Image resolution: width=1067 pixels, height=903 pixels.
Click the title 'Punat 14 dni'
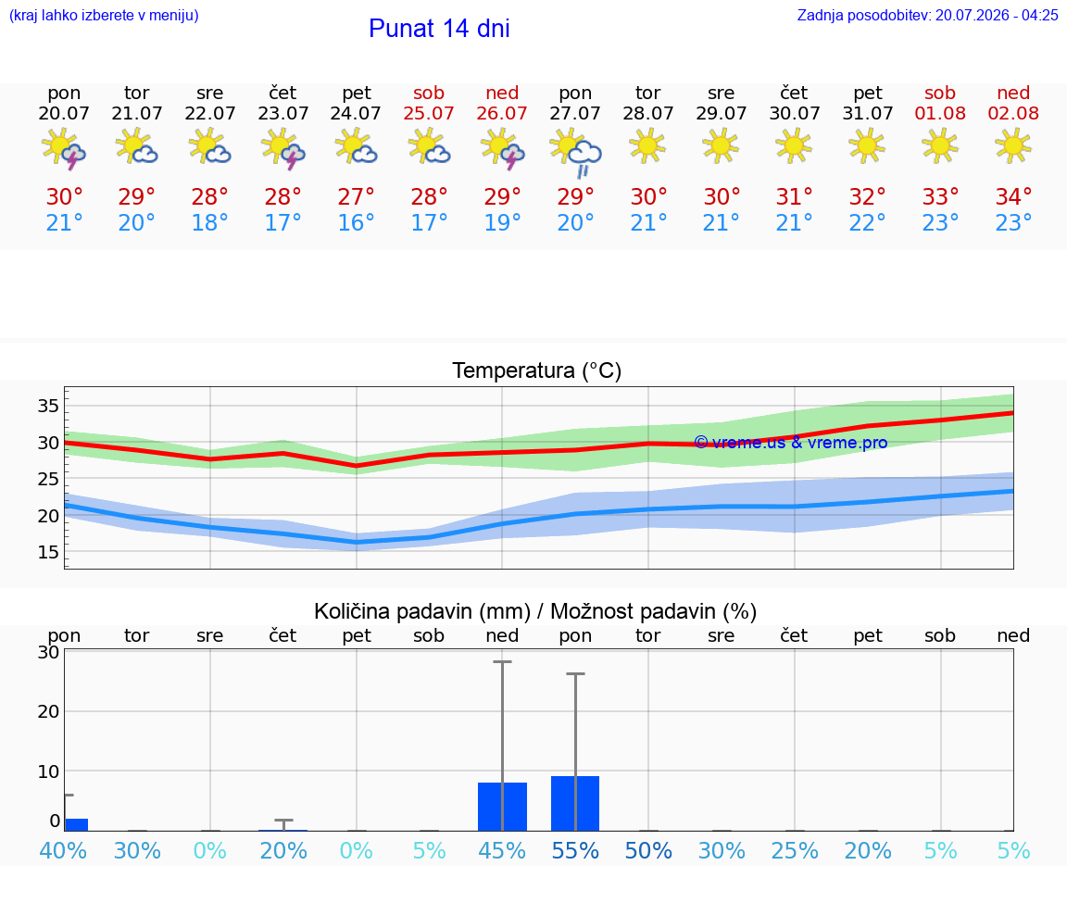[439, 29]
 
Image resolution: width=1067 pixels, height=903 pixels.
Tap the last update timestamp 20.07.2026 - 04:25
[997, 15]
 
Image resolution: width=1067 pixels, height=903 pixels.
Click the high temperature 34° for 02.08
[1013, 196]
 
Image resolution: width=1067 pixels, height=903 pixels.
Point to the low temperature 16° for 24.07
[356, 222]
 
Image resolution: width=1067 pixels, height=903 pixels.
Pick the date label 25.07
[429, 113]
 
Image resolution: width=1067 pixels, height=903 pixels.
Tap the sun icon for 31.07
[867, 145]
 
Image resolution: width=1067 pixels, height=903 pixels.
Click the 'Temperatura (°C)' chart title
[537, 370]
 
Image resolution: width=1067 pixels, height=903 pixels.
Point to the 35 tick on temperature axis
[48, 407]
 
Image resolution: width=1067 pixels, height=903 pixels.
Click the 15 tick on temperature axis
[48, 552]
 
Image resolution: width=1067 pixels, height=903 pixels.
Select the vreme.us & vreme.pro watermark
[791, 443]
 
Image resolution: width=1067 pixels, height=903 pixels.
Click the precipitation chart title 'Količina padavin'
[422, 611]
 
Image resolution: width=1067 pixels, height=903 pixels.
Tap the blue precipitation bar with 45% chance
[502, 807]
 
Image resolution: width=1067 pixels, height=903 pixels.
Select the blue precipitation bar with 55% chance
[575, 803]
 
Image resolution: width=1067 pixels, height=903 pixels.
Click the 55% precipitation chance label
[575, 850]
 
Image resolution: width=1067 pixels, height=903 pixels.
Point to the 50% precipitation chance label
[648, 850]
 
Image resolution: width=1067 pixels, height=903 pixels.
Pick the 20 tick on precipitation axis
[48, 711]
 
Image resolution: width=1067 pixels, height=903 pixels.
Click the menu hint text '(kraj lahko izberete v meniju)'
[104, 15]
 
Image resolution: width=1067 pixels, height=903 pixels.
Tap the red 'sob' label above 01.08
[940, 93]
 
